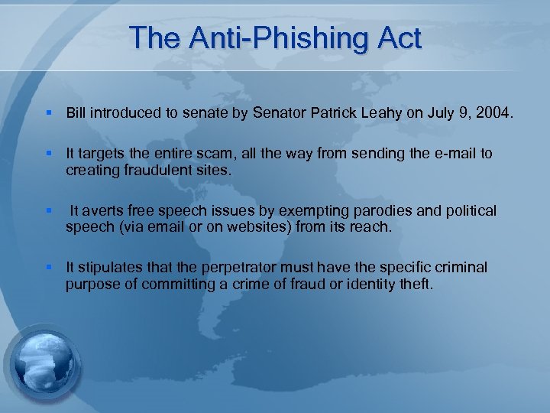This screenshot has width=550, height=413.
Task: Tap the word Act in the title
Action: (x=397, y=37)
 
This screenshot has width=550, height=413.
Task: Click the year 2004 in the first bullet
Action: (x=499, y=114)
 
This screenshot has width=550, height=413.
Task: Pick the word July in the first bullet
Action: (x=430, y=114)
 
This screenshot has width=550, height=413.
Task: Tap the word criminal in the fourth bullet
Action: (x=461, y=267)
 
